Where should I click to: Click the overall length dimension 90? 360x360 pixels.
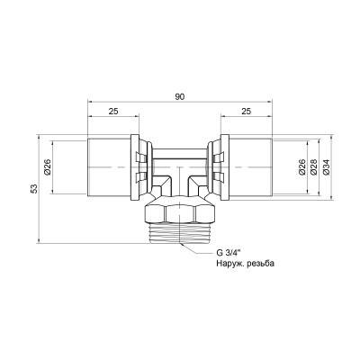[179, 93]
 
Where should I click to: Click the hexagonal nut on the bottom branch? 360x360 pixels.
[179, 215]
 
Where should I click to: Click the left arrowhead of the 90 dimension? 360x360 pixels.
[91, 101]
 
